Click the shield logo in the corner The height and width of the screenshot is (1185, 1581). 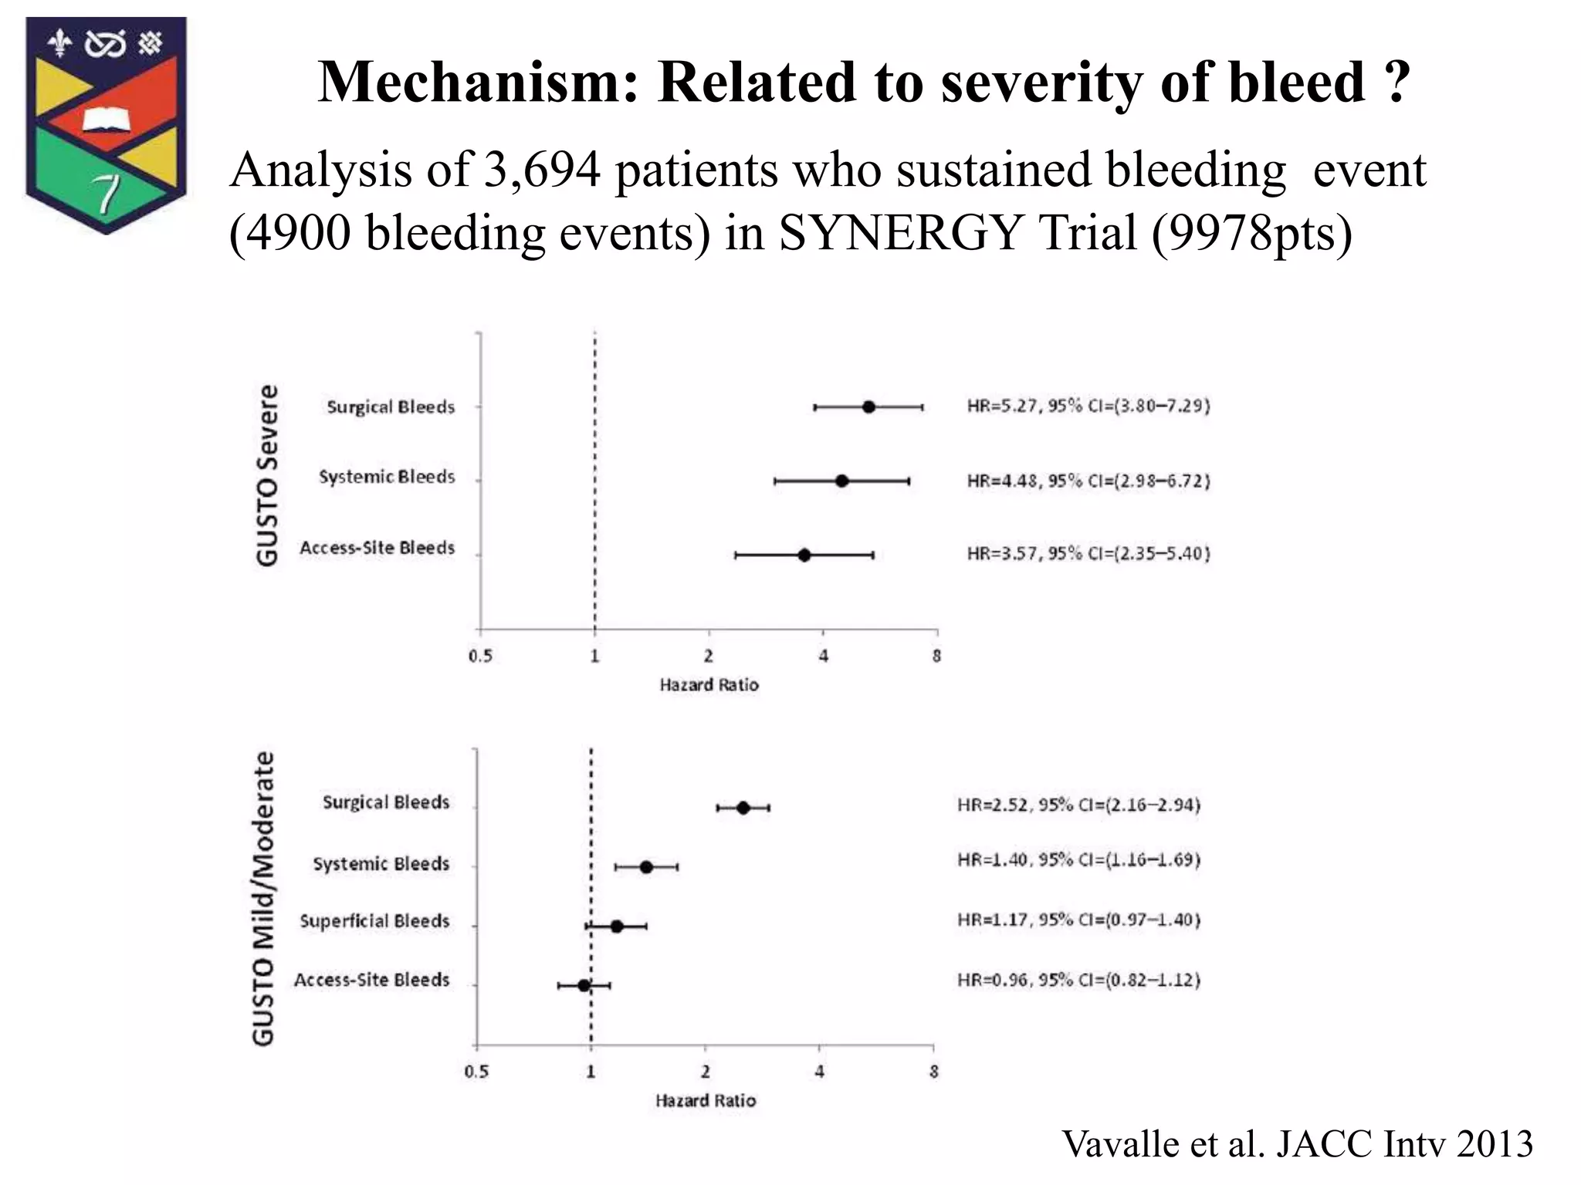pos(106,123)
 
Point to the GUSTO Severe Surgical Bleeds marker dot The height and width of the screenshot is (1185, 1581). pos(868,407)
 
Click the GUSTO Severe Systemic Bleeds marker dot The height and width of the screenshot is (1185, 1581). pos(841,481)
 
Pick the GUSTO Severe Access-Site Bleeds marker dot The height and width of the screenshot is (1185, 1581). pos(804,555)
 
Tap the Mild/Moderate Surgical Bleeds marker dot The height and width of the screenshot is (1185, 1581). pos(743,808)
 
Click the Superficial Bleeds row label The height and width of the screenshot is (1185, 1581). pos(374,921)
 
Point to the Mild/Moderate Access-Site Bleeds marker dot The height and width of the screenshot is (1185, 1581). pos(584,985)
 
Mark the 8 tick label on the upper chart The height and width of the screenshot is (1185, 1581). pos(936,657)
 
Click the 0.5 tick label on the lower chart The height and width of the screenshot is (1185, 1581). pos(476,1072)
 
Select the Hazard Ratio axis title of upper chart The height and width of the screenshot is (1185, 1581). pos(709,685)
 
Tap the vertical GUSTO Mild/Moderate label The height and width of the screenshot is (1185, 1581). pos(264,899)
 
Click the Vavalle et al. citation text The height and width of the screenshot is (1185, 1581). pos(1297,1143)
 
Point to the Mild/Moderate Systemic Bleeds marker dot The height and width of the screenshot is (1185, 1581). pos(646,867)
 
